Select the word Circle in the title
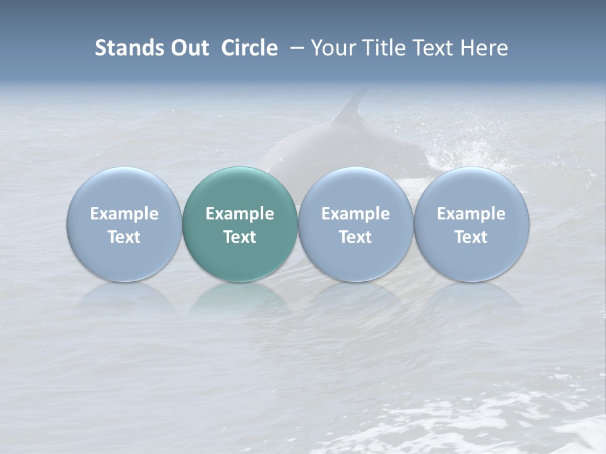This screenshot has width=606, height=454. click(x=249, y=48)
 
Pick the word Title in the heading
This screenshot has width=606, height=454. click(x=384, y=48)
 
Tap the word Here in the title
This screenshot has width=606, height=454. click(x=486, y=48)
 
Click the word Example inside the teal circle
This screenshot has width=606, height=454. click(x=240, y=214)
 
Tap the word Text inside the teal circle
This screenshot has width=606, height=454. click(x=240, y=237)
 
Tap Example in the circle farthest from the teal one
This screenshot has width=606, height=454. click(x=472, y=214)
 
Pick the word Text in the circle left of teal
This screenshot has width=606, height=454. click(x=124, y=237)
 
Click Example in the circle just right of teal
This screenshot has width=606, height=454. click(x=355, y=214)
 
